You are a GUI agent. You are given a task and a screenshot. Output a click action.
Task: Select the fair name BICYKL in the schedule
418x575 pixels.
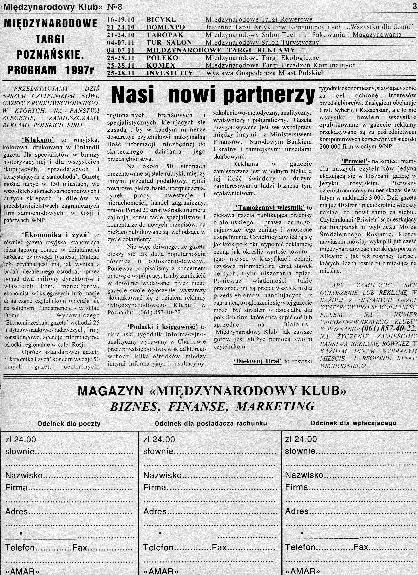click(x=161, y=19)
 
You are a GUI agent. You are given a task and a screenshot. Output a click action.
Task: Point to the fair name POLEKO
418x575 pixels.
click(x=162, y=58)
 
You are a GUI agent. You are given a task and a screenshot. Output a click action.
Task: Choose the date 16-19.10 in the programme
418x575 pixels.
click(x=121, y=19)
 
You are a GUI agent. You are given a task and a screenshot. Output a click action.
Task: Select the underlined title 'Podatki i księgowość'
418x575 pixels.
click(x=162, y=327)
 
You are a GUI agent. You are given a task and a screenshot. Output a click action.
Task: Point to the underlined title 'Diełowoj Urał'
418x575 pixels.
click(x=257, y=361)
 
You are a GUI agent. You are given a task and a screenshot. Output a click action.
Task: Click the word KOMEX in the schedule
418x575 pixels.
click(x=161, y=65)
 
